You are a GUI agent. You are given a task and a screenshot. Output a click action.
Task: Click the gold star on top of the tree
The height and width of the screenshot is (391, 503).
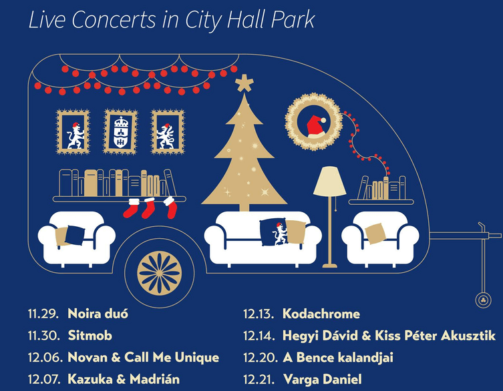(x=244, y=84)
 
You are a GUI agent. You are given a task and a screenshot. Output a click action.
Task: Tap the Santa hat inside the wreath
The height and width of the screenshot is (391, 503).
(x=315, y=124)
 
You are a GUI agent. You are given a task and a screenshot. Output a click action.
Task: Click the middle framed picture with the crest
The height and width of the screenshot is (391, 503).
(x=120, y=131)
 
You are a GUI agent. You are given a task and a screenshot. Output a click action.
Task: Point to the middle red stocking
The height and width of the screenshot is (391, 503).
(x=149, y=208)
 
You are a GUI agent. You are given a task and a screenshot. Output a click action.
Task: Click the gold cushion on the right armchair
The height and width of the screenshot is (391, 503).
(x=375, y=232)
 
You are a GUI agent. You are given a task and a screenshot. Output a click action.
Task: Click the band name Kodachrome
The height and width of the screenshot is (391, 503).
(x=321, y=314)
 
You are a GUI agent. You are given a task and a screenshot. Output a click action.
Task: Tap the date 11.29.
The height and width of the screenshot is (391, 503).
(x=44, y=314)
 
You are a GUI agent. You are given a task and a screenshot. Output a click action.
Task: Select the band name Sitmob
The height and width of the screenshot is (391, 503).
(x=90, y=335)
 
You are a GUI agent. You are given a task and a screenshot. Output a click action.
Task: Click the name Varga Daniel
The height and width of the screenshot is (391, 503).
(x=322, y=379)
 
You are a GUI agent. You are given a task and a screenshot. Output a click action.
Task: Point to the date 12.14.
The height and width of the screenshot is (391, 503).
(x=259, y=335)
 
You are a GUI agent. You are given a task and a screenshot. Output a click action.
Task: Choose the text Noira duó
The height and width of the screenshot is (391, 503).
(x=98, y=314)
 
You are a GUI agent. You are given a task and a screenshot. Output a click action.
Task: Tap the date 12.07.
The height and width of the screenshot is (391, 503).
(x=44, y=379)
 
